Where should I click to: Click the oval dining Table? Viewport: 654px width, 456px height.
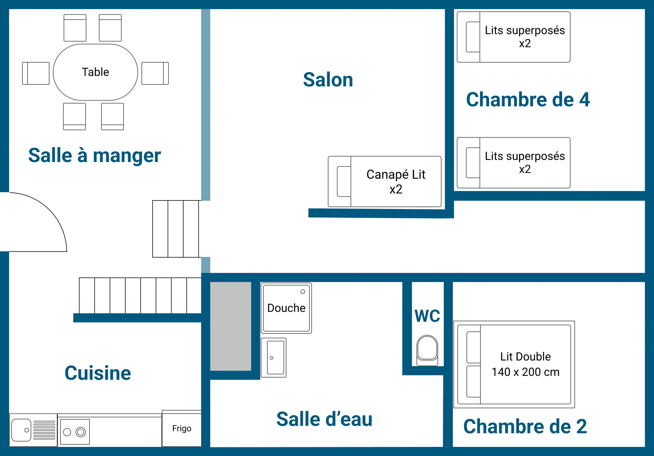pos(95,72)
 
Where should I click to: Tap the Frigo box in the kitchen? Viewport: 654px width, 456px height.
pos(182,428)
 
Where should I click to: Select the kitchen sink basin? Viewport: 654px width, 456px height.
pos(21,430)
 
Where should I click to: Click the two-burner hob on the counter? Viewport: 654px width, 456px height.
pos(75,432)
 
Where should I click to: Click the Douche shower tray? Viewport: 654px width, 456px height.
pos(286,308)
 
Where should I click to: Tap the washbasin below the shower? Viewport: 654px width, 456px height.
pos(274,358)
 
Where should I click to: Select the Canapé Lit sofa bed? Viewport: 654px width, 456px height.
pos(385,182)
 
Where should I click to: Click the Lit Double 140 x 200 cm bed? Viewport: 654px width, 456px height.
pos(514,364)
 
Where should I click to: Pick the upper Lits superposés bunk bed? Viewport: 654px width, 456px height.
pos(514,37)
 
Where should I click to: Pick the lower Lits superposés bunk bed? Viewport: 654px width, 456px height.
pos(514,163)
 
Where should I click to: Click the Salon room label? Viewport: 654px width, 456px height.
pos(328,80)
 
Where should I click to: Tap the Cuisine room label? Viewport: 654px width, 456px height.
pos(98,373)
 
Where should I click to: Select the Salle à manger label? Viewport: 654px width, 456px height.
pos(95,156)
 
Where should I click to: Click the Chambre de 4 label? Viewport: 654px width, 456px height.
pos(528,100)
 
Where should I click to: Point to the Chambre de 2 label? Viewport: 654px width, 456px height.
pos(525,427)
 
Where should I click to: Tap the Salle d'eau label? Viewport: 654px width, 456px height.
pos(324,419)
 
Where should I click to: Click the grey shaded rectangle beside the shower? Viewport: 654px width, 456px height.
pos(230,326)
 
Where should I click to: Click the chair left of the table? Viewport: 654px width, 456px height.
pos(36,73)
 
